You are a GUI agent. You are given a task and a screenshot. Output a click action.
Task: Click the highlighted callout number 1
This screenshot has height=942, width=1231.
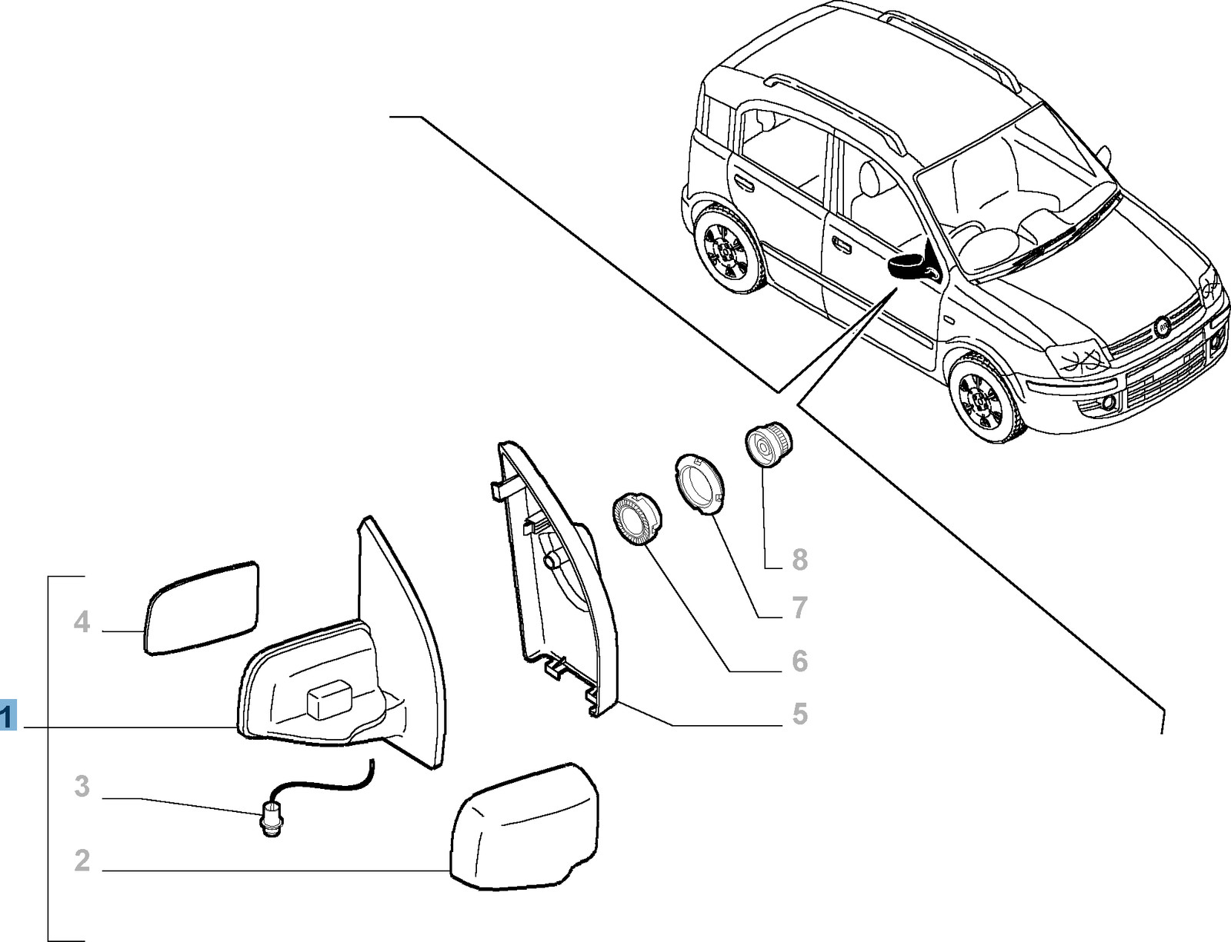(8, 716)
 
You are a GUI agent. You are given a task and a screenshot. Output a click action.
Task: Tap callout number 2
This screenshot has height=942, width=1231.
(82, 861)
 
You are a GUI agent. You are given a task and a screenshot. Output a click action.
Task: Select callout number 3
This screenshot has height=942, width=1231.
(82, 787)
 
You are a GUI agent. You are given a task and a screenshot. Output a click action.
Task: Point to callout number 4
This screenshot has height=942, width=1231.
(82, 622)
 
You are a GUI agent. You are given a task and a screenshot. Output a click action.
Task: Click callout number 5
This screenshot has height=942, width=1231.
(799, 714)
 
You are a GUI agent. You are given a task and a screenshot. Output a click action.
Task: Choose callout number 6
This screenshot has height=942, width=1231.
(799, 661)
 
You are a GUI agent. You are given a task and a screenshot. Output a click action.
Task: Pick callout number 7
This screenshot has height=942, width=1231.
(799, 608)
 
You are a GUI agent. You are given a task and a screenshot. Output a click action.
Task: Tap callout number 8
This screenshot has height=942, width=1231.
(799, 560)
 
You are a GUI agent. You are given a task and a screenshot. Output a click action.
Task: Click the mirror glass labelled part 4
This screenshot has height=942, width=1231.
(202, 607)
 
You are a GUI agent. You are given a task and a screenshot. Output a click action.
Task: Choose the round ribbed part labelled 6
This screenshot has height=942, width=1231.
(636, 519)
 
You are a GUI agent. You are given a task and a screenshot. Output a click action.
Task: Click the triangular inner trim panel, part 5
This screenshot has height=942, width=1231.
(558, 578)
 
